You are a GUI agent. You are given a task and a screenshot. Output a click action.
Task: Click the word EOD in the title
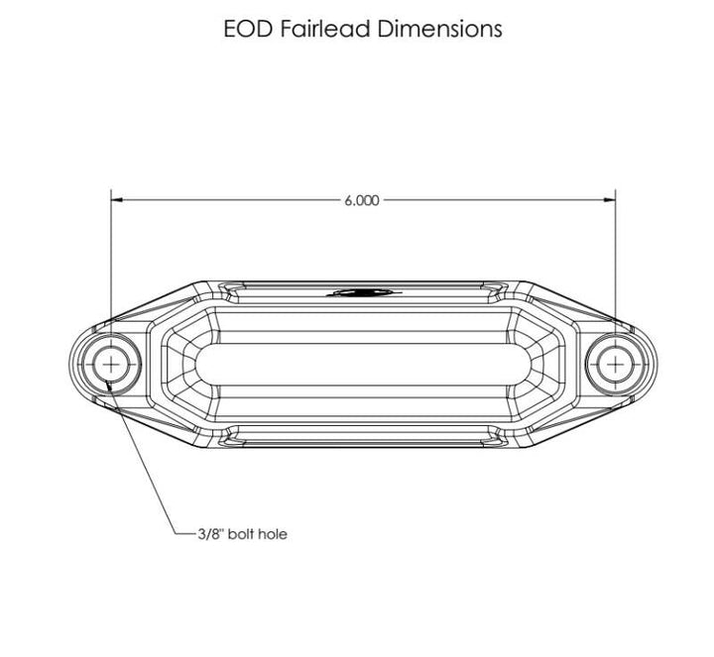[x=248, y=29]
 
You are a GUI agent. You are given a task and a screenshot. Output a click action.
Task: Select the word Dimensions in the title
[x=439, y=29]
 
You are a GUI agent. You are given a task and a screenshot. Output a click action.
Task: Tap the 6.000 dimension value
[x=362, y=200]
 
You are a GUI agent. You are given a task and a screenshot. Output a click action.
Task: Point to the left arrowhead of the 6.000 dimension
[x=117, y=199]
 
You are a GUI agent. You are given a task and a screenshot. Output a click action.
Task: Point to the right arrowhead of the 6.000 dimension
[x=609, y=199]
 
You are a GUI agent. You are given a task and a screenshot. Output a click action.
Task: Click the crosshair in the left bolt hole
[x=111, y=365]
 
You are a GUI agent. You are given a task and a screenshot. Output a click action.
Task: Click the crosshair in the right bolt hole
[x=615, y=365]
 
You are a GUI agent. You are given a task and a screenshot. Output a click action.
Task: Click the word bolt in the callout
[x=240, y=533]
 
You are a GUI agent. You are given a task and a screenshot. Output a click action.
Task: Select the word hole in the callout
[x=273, y=533]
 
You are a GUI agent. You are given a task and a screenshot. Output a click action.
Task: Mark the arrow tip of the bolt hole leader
[x=106, y=382]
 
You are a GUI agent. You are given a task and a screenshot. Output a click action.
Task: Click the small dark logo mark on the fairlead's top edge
[x=363, y=292]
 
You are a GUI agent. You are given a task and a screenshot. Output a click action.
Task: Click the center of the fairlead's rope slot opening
[x=363, y=365]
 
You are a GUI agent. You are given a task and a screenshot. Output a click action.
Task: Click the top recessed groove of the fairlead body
[x=363, y=293]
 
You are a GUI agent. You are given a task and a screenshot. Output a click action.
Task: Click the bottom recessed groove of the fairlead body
[x=363, y=436]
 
